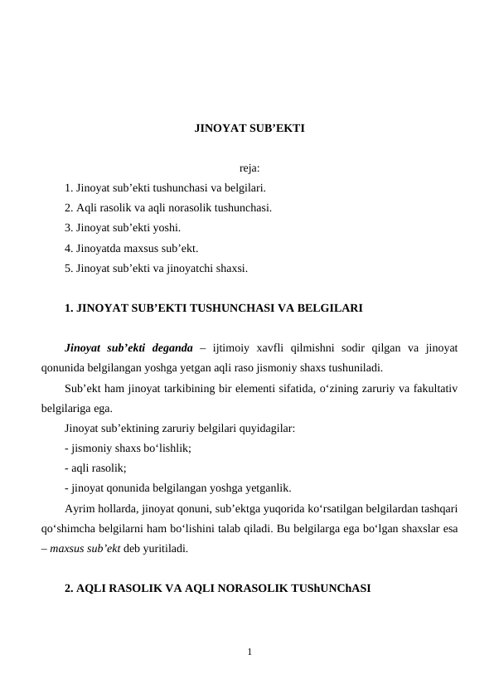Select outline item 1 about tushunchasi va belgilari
(x=165, y=188)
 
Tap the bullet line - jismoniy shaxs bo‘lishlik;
(x=128, y=448)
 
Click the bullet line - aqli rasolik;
(x=95, y=468)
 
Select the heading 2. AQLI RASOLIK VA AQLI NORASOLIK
(x=217, y=588)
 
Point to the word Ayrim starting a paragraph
(x=80, y=507)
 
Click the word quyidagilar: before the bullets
(x=266, y=428)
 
